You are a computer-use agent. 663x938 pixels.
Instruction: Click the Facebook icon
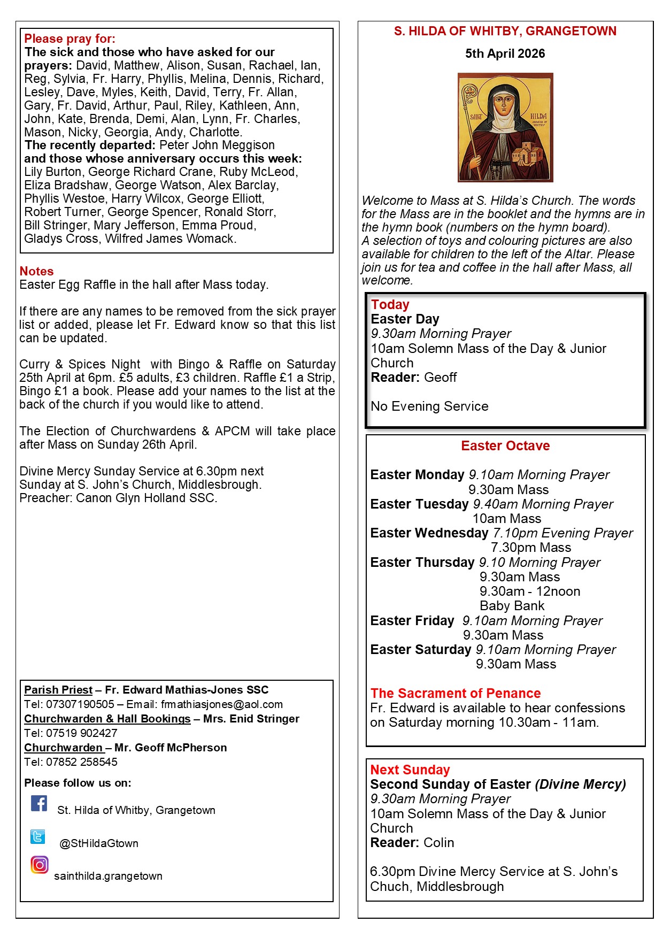point(38,803)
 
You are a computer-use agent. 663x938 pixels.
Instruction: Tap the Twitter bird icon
point(37,836)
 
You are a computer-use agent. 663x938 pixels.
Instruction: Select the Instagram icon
point(39,865)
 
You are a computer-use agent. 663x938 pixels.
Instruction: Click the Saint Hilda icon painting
point(505,127)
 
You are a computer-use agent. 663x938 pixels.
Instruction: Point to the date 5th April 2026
point(505,53)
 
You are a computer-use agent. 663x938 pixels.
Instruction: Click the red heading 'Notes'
point(36,271)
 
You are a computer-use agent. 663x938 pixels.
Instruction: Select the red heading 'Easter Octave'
point(505,445)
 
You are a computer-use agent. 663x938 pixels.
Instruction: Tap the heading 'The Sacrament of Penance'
point(456,693)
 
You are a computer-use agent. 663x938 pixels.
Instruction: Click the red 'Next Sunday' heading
point(410,770)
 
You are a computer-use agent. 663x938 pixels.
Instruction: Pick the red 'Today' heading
point(390,304)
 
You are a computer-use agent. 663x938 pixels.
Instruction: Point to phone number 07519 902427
point(82,733)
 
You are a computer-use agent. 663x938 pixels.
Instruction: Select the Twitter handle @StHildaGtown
point(99,843)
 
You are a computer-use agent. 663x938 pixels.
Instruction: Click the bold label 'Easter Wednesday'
point(429,533)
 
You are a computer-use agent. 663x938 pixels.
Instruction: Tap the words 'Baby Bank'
point(512,606)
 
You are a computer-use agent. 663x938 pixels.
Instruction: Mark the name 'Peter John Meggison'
point(217,145)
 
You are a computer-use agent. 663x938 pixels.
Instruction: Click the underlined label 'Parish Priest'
point(58,690)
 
